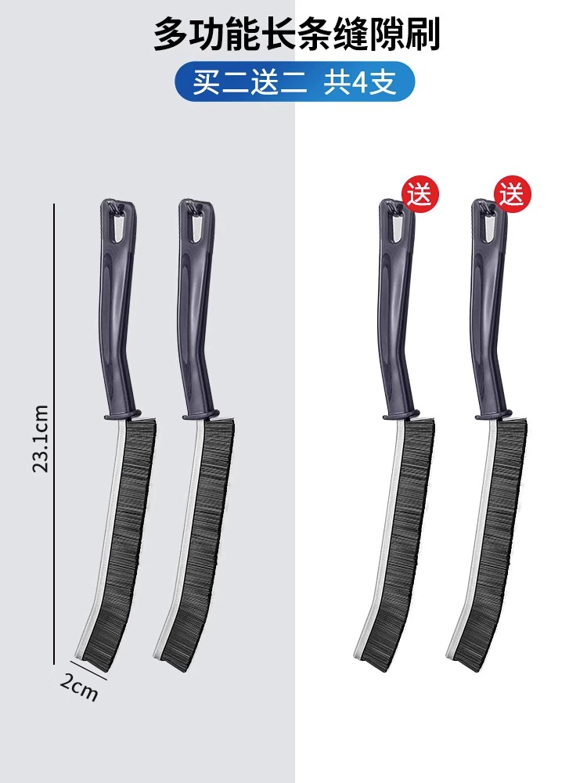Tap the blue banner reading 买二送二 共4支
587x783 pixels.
(x=294, y=82)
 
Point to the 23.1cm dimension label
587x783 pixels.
(x=41, y=439)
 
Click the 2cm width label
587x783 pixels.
(x=79, y=687)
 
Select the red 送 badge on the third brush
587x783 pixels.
(x=420, y=194)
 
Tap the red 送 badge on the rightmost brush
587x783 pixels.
(x=513, y=194)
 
